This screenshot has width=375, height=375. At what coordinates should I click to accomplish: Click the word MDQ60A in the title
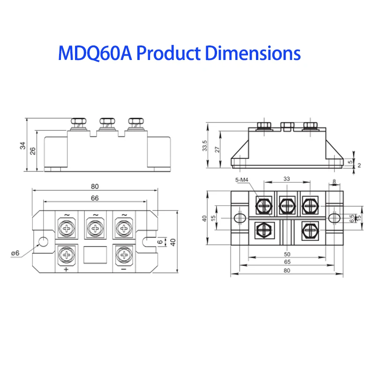coord(94,53)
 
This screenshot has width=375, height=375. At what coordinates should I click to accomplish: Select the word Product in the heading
coord(167,53)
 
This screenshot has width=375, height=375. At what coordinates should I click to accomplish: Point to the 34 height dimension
coord(22,145)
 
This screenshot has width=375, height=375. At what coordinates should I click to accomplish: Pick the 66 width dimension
coord(95,198)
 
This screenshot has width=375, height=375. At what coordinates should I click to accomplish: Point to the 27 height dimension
coord(217,149)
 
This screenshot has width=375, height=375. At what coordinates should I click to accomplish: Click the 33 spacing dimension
coord(286,179)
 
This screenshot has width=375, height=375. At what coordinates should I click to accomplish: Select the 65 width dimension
coord(287,262)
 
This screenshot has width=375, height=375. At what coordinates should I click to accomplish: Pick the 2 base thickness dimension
coord(359,165)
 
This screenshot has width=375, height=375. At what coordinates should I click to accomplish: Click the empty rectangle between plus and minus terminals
coord(95,255)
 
